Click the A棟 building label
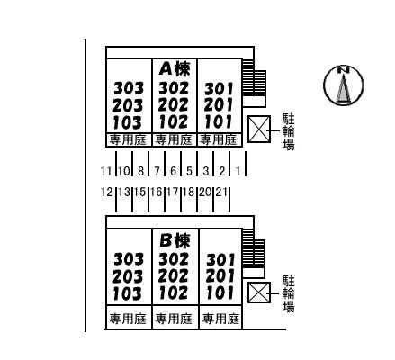coord(175,68)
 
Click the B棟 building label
coord(175,240)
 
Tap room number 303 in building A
coord(129,88)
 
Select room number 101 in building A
coord(219,121)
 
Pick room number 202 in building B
coord(173,276)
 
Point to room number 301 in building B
coord(220,260)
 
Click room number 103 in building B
coord(127,293)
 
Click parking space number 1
coord(238,171)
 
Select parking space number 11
coord(106,171)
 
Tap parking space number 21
coord(221,192)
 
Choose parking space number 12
coord(106,192)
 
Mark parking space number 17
coord(173,192)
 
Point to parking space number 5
coord(189,171)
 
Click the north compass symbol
coord(343,85)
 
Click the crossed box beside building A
coord(259,130)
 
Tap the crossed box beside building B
coord(259,292)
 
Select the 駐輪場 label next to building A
coord(289,131)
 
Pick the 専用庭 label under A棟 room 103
coord(128,140)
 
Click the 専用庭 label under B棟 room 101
coord(220,319)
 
